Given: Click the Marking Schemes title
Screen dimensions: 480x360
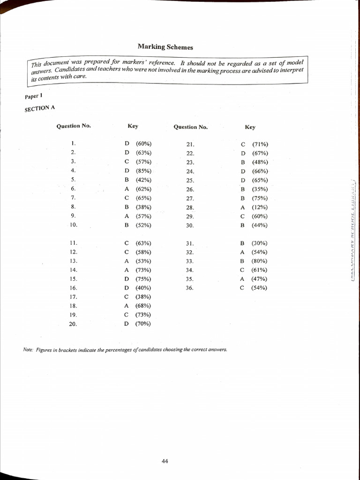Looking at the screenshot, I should tap(165, 47).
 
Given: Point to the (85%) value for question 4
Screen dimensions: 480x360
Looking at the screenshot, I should tap(143, 171).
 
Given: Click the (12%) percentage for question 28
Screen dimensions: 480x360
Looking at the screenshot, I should tap(259, 207).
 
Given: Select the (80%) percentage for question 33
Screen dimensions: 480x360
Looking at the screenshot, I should tap(259, 261).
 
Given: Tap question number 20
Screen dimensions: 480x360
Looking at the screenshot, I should tap(73, 324).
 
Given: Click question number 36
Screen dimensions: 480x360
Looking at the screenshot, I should tap(189, 288).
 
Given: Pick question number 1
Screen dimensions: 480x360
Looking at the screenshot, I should tap(73, 143).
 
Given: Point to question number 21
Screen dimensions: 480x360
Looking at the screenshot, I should tap(190, 145).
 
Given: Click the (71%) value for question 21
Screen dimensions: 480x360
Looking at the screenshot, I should tap(260, 144).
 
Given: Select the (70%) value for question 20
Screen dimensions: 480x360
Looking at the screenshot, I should tap(143, 323).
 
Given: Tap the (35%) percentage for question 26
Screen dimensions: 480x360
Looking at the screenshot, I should tap(259, 189).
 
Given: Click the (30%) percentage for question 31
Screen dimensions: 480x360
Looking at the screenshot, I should tap(259, 243).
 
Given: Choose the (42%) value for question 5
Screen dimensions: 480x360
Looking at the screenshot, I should tap(143, 180).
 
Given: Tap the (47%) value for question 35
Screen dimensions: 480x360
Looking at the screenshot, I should tap(259, 279).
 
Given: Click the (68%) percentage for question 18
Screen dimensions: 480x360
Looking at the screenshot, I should tap(143, 306).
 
